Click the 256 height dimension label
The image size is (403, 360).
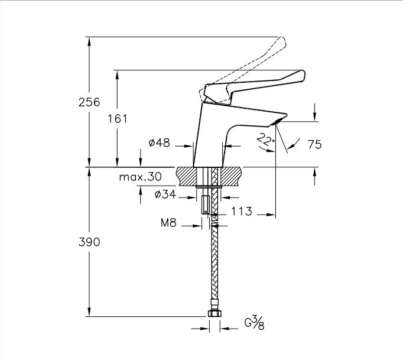click(x=89, y=102)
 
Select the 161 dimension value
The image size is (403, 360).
click(x=118, y=119)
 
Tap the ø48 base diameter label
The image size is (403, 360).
click(x=159, y=143)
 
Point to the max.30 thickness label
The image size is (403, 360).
click(x=140, y=177)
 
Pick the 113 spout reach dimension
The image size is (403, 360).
click(x=242, y=211)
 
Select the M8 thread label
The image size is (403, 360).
click(x=170, y=223)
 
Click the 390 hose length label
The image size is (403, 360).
click(x=89, y=242)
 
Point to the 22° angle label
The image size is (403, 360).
click(x=266, y=140)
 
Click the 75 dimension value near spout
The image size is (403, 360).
click(x=314, y=144)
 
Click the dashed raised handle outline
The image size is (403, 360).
click(x=260, y=59)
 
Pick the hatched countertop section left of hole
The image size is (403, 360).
click(x=187, y=176)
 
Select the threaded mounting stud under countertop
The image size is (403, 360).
click(x=204, y=201)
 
